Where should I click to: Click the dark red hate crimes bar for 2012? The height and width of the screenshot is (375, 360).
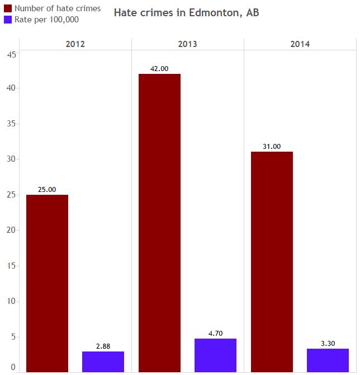point(47,283)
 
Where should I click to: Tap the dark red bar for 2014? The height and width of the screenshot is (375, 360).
point(272,261)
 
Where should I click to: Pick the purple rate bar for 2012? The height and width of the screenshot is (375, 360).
point(103,362)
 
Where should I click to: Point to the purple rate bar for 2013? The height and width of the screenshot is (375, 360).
point(215,355)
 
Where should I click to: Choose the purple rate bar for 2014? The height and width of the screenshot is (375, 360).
point(328,360)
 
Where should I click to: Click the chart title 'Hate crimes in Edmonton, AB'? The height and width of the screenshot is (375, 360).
point(186,13)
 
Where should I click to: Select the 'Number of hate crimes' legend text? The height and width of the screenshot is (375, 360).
point(58,8)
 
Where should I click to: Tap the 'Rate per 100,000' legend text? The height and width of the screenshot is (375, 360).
point(46,20)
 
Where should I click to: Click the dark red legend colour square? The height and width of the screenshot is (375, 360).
point(8,8)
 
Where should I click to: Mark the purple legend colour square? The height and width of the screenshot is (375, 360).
point(8,20)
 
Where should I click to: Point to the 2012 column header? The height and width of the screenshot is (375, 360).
point(75,44)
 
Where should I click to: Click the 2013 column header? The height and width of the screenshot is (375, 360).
point(187,44)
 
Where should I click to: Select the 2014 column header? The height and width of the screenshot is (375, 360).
point(300,44)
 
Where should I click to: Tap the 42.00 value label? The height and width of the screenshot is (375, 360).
point(159,69)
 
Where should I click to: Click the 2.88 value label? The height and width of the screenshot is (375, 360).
point(103,346)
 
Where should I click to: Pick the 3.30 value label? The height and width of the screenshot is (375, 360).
point(328,344)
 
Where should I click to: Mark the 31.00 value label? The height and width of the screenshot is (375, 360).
point(272,147)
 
